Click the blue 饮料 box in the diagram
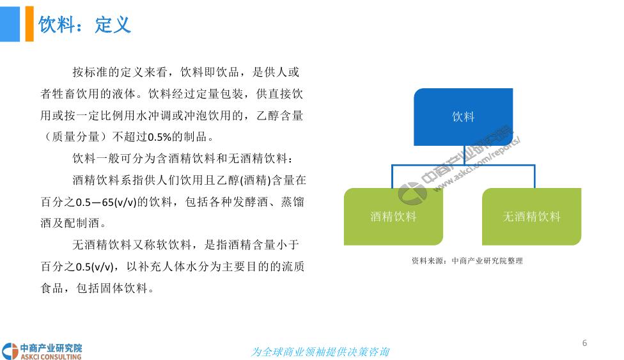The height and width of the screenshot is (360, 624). pyautogui.click(x=464, y=116)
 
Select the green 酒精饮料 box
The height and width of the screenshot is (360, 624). pyautogui.click(x=393, y=216)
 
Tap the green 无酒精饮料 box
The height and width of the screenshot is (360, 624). pyautogui.click(x=532, y=216)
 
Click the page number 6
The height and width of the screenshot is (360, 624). pyautogui.click(x=584, y=343)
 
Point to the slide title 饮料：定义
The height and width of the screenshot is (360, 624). pyautogui.click(x=84, y=24)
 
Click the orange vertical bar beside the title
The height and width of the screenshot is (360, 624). pyautogui.click(x=29, y=24)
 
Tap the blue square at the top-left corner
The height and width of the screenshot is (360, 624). pyautogui.click(x=10, y=24)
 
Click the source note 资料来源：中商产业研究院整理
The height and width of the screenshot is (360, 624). pyautogui.click(x=467, y=261)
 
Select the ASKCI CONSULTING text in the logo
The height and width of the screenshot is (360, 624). pyautogui.click(x=51, y=357)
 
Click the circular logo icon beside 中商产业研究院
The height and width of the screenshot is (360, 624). pyautogui.click(x=10, y=352)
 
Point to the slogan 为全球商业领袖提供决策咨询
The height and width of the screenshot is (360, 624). pyautogui.click(x=320, y=352)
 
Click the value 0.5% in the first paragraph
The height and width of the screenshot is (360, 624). pyautogui.click(x=159, y=137)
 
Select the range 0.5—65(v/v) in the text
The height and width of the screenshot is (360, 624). pyautogui.click(x=106, y=202)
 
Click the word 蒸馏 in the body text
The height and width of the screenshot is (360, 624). pyautogui.click(x=293, y=202)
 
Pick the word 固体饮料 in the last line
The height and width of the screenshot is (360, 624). pyautogui.click(x=124, y=288)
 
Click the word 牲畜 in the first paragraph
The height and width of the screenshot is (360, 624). pyautogui.click(x=64, y=94)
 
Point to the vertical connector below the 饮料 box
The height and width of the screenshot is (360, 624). pyautogui.click(x=464, y=155)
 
